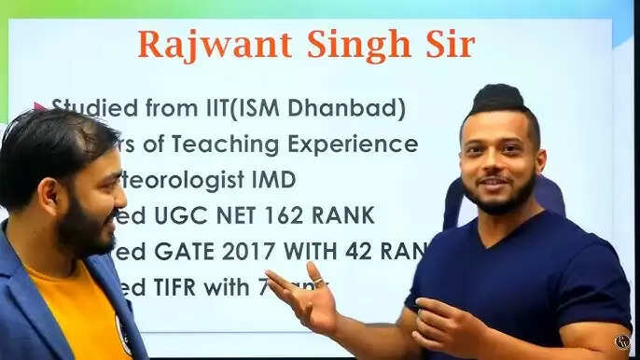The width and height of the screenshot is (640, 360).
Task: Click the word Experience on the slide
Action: click(362, 145)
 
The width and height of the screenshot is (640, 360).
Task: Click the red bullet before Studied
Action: click(39, 107)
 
